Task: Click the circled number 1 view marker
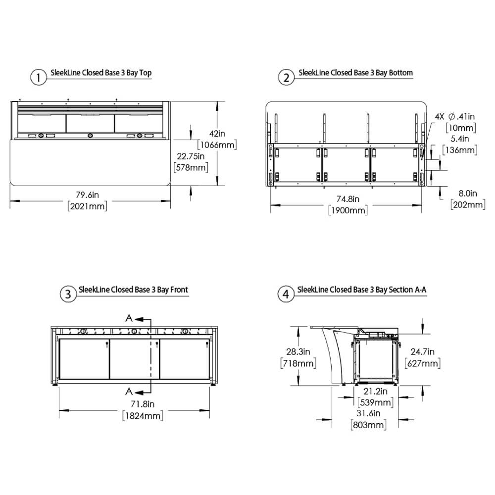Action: click(38, 77)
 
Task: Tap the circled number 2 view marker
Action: click(286, 77)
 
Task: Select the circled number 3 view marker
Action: click(68, 294)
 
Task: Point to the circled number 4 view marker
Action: click(286, 294)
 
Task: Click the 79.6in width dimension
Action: click(88, 195)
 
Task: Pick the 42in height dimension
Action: click(217, 134)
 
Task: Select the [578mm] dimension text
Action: click(191, 167)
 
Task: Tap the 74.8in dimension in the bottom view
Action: click(348, 199)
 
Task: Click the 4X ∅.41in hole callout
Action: click(454, 116)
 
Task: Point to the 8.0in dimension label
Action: click(468, 193)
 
